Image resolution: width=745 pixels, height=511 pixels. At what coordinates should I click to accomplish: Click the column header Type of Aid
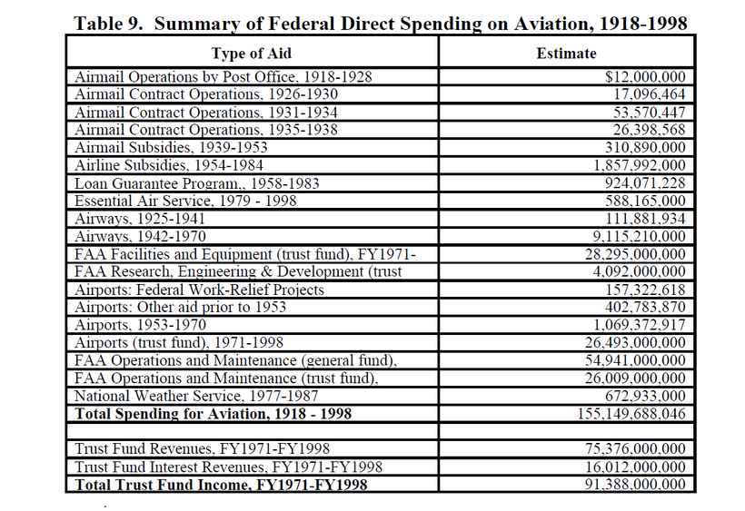click(x=252, y=54)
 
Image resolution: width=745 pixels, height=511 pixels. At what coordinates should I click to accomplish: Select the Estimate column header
click(x=566, y=54)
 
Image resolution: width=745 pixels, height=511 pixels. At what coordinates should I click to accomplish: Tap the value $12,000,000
click(x=645, y=77)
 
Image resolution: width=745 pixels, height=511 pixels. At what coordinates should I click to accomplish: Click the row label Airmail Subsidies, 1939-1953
click(x=171, y=148)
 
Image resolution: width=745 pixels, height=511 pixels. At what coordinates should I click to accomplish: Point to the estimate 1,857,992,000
click(x=640, y=165)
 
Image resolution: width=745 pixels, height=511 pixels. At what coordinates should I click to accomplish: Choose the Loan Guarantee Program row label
click(x=197, y=183)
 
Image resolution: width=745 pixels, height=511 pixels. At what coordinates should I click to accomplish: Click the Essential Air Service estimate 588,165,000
click(x=645, y=201)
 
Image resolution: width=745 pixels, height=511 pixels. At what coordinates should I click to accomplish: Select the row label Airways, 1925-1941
click(x=140, y=219)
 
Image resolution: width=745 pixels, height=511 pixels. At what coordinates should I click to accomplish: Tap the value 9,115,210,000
click(x=640, y=236)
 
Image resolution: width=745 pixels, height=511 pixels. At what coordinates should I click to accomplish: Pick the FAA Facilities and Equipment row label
click(x=245, y=254)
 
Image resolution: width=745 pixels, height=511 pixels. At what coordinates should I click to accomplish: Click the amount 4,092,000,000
click(x=640, y=271)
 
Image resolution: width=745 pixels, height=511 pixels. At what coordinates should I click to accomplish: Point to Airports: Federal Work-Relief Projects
click(x=199, y=290)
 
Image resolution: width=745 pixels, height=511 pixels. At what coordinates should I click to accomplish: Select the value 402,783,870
click(x=645, y=307)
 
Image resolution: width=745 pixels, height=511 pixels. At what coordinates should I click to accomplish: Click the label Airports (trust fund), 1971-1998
click(x=179, y=342)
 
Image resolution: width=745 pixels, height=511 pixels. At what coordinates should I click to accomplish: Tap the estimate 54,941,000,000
click(x=636, y=360)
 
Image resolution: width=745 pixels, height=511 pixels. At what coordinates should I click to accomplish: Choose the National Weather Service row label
click(x=196, y=396)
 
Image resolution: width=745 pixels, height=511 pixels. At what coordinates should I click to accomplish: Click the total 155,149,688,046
click(x=631, y=414)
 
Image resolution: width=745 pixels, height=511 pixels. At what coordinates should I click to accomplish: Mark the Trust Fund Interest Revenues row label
click(x=228, y=467)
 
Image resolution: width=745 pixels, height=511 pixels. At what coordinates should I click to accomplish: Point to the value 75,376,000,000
click(x=636, y=449)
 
